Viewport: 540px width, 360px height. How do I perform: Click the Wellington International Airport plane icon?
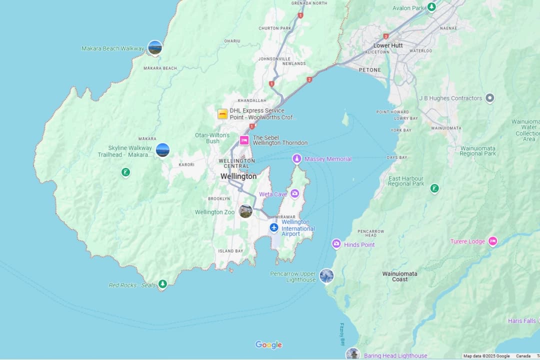point(273,227)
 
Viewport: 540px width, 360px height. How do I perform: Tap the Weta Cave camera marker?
point(295,193)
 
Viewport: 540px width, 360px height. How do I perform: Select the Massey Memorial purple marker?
point(296,158)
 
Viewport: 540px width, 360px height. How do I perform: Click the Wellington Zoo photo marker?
point(245,211)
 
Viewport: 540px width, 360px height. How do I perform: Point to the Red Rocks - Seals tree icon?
point(162,284)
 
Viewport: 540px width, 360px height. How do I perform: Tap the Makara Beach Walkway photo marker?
point(155,47)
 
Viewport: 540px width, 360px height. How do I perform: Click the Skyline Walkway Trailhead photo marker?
point(162,150)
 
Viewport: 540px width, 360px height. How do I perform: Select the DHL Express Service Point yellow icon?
point(222,114)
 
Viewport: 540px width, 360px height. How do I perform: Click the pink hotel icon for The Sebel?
point(244,140)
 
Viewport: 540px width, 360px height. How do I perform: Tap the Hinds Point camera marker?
point(336,244)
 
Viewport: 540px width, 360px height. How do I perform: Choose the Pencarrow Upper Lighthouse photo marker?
point(326,275)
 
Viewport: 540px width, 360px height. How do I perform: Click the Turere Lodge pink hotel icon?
point(492,241)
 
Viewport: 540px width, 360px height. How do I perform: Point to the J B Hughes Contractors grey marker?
point(490,98)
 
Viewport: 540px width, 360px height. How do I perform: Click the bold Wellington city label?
point(238,176)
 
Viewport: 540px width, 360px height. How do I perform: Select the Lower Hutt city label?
point(388,45)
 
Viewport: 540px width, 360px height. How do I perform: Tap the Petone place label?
point(369,70)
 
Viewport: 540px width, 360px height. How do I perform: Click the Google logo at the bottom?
point(268,344)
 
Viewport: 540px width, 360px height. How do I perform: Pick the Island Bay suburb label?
point(230,251)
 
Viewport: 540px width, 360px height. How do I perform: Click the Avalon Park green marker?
point(431,7)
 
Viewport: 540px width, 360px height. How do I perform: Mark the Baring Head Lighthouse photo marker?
point(353,354)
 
